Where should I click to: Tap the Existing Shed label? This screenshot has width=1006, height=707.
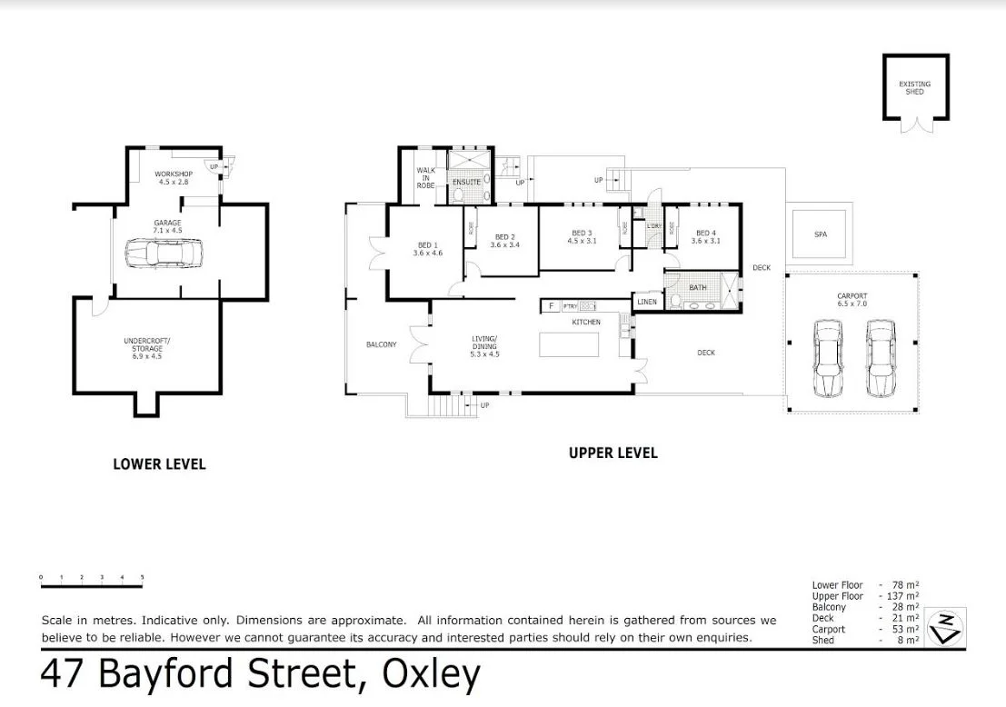tap(915, 88)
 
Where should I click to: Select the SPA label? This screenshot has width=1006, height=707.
tap(821, 234)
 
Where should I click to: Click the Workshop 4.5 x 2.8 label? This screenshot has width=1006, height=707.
tap(172, 177)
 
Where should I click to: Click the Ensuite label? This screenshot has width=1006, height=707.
tap(467, 182)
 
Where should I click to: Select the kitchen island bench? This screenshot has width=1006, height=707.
tap(570, 345)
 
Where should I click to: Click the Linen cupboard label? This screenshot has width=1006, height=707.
tap(647, 302)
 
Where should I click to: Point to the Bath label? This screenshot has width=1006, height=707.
tap(697, 288)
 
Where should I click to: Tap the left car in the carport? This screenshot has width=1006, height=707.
tap(827, 358)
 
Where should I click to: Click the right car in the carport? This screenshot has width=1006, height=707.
tap(880, 358)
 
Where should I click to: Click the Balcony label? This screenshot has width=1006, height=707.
tap(381, 344)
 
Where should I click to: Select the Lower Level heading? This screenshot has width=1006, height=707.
tap(159, 464)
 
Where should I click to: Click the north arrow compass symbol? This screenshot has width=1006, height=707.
tap(945, 626)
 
